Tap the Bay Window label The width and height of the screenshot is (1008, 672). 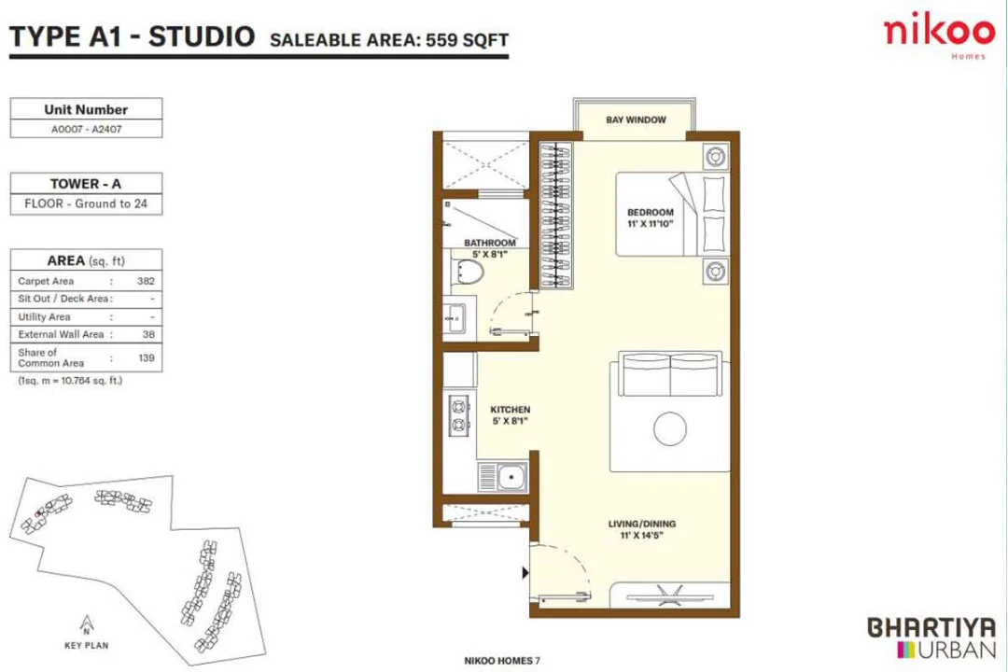(x=635, y=119)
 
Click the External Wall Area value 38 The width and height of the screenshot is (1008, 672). (x=148, y=334)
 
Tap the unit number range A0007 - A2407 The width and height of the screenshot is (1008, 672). (x=87, y=130)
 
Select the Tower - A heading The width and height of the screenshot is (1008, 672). (x=86, y=184)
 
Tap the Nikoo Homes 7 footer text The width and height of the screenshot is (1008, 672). (x=502, y=661)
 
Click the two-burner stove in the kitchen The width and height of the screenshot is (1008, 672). (x=458, y=416)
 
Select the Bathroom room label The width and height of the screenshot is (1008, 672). (x=490, y=244)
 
